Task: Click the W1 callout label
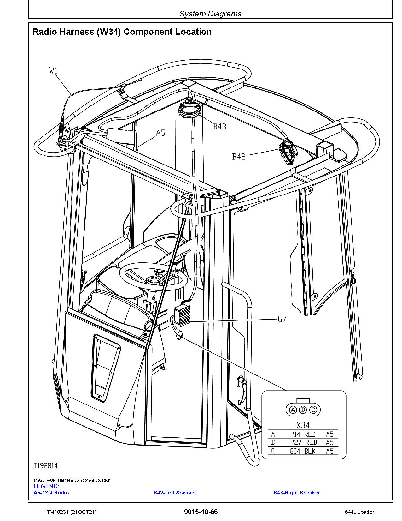[54, 71]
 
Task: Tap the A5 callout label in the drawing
[160, 133]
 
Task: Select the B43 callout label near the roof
[219, 127]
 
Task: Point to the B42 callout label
[239, 157]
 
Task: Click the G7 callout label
[282, 319]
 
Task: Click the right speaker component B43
[190, 110]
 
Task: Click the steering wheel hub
[153, 279]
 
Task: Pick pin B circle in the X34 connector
[303, 410]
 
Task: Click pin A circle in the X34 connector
[293, 410]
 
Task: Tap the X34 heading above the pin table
[303, 425]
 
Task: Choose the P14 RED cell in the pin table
[303, 434]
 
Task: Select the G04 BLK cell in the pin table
[303, 451]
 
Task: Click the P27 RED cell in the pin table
[303, 443]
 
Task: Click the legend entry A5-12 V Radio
[51, 493]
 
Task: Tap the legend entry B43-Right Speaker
[296, 493]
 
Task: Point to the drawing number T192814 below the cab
[46, 465]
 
